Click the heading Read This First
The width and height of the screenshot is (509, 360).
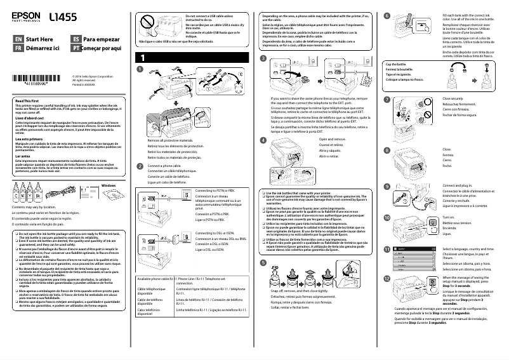(27, 102)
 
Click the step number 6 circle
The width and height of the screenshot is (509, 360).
(388, 15)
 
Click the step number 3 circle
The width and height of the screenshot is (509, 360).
(263, 58)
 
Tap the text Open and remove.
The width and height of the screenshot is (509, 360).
(333, 139)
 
